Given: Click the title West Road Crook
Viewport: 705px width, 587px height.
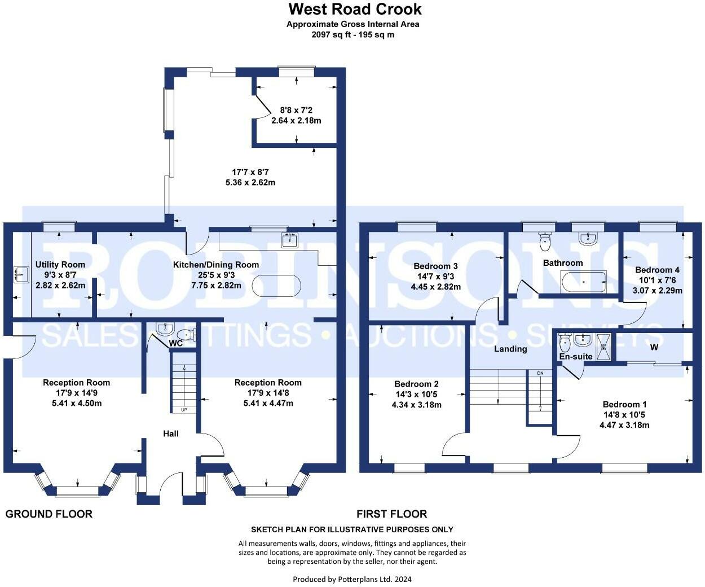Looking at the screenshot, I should [x=355, y=10].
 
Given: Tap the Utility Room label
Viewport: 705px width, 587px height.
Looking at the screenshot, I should [x=60, y=265].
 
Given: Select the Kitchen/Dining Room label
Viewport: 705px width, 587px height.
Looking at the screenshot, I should [x=216, y=265].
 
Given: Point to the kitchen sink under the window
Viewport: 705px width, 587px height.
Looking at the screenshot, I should [x=289, y=240].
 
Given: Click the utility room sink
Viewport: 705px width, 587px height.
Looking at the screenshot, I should [x=21, y=275].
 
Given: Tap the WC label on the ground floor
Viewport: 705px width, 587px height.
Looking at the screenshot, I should [x=175, y=343].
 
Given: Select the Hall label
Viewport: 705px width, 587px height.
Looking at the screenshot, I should [x=171, y=433].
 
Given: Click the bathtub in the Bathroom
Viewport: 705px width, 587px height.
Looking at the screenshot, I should [x=583, y=281].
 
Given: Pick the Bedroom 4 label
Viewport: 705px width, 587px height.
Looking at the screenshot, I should [x=657, y=270].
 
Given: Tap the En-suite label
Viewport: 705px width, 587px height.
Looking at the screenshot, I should [x=575, y=357].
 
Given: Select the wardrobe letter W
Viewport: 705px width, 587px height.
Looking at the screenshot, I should [x=654, y=347].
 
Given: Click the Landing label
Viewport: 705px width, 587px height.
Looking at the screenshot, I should [x=510, y=349].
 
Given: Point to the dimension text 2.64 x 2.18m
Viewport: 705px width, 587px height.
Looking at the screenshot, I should [x=296, y=121].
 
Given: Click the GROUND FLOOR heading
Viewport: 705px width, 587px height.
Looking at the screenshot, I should [x=49, y=514].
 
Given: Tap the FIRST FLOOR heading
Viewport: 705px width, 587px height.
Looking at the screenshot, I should [x=391, y=514].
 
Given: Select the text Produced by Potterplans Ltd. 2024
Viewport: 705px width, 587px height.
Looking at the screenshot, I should [x=352, y=579].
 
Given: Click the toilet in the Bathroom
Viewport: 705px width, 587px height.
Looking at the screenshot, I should [x=545, y=242].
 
